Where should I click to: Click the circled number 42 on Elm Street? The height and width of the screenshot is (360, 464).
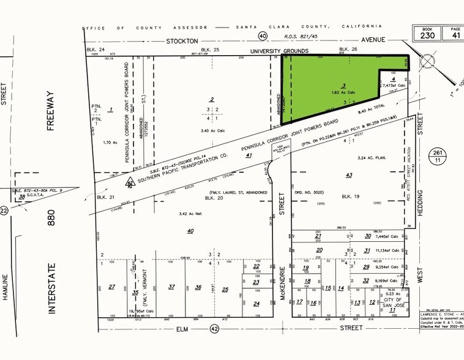click(x=214, y=328)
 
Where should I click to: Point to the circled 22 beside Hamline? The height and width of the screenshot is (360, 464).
click(x=5, y=211)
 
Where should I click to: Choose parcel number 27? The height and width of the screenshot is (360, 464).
click(x=111, y=287)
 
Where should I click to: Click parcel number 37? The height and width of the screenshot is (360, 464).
click(x=172, y=287)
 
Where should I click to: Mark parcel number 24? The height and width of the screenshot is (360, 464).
click(x=256, y=303)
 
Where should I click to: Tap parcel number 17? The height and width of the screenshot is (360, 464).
click(x=299, y=302)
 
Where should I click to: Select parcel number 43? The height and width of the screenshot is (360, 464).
click(x=349, y=175)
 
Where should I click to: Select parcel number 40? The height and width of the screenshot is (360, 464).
click(x=190, y=230)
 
